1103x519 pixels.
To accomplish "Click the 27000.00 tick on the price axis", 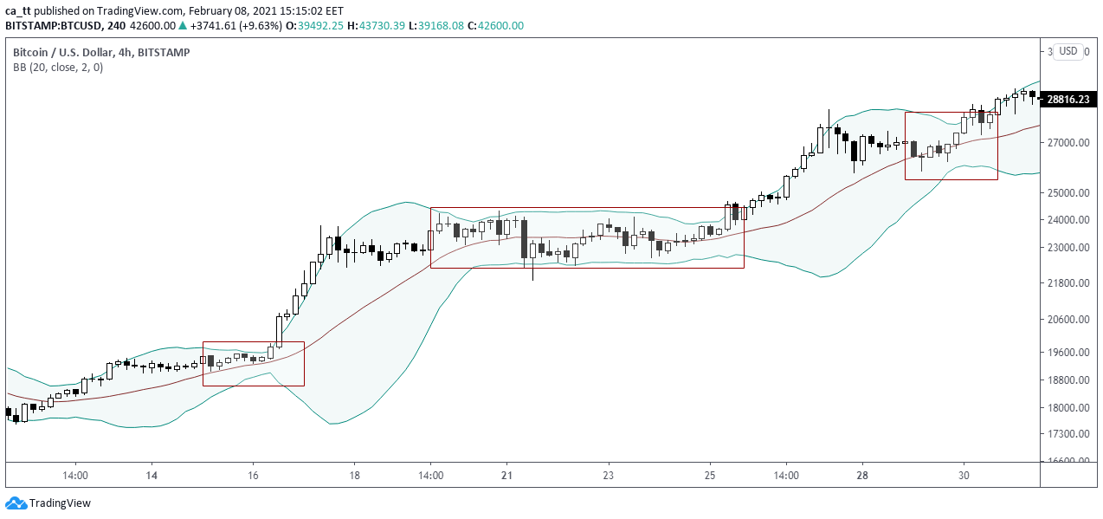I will (x=1068, y=142).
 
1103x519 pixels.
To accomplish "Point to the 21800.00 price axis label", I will (x=1068, y=283).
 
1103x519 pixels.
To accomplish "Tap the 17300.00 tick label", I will (x=1068, y=434).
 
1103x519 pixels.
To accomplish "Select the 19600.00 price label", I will (x=1068, y=353).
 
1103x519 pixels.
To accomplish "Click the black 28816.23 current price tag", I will (x=1068, y=100).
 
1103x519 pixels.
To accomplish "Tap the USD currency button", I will (x=1069, y=51).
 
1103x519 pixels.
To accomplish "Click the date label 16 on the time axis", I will (x=254, y=476).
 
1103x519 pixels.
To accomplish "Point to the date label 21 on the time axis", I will (x=507, y=476).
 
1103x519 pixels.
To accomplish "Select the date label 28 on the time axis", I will (x=862, y=476).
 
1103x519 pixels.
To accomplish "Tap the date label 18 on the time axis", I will (x=355, y=476).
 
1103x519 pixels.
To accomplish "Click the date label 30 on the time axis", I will (x=964, y=476).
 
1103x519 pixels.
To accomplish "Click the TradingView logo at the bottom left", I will (x=48, y=503).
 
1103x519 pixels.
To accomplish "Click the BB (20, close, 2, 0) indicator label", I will (x=58, y=68).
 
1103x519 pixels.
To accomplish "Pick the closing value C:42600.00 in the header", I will (x=495, y=26).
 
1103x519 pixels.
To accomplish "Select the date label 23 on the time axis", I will (x=609, y=476).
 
